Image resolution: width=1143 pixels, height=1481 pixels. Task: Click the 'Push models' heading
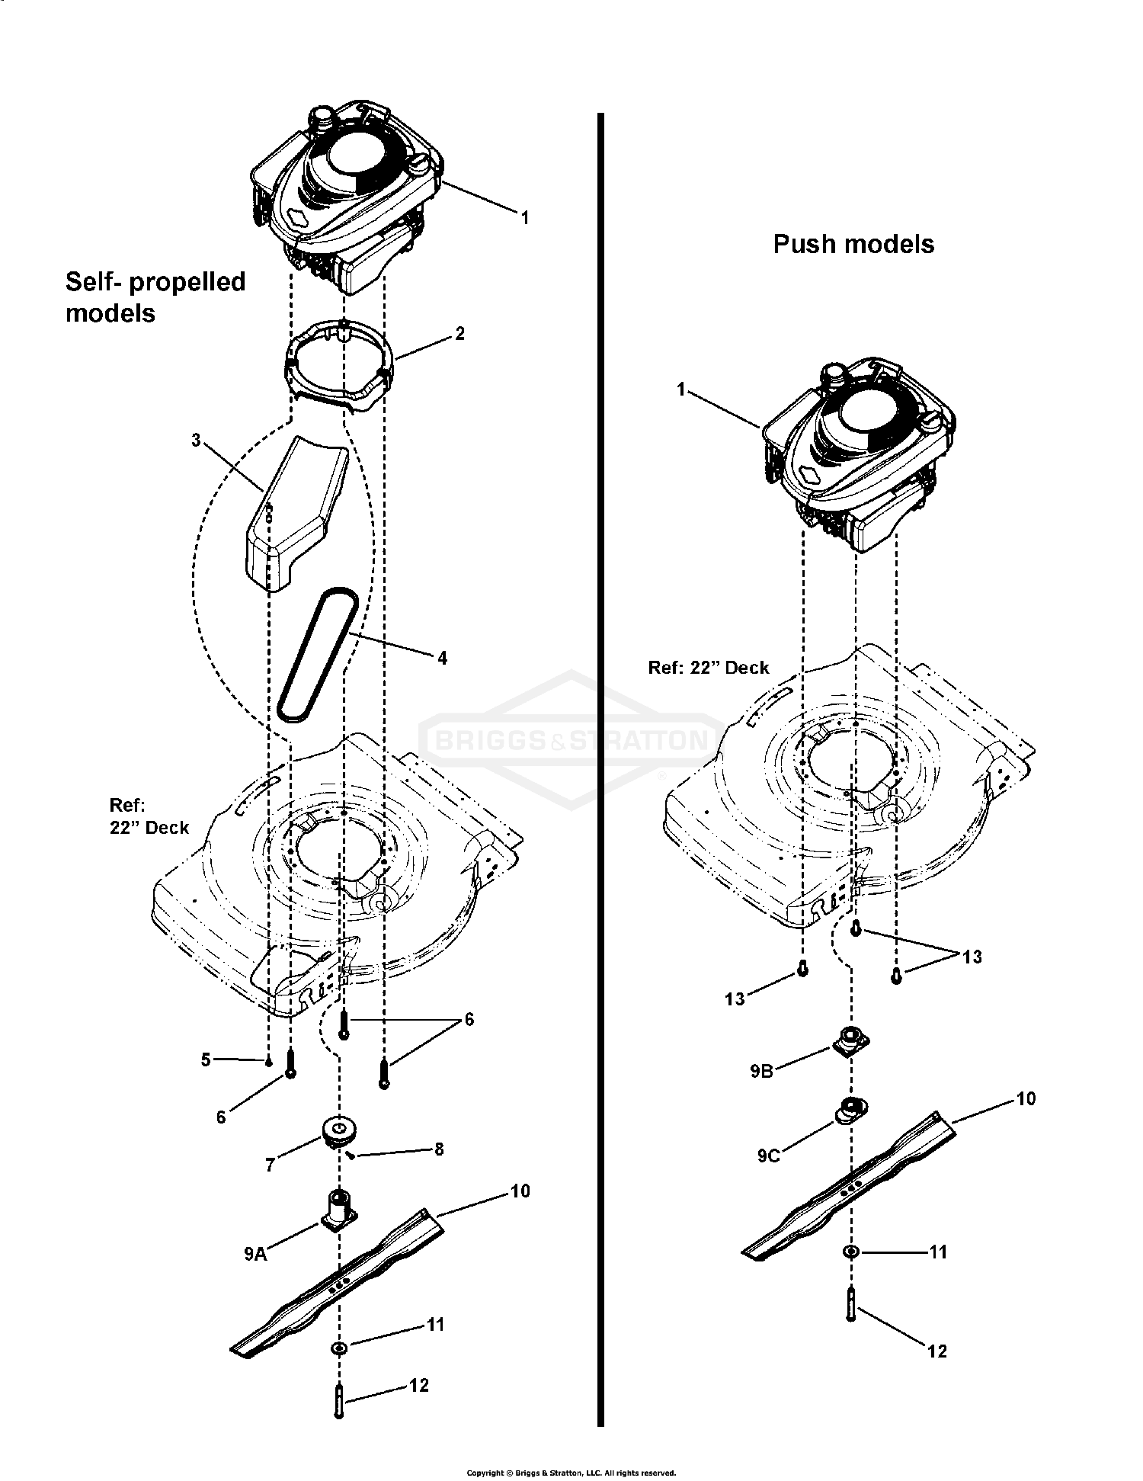[853, 244]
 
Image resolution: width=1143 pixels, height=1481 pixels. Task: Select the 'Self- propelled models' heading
[155, 297]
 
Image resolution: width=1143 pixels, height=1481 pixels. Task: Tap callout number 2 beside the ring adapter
[459, 333]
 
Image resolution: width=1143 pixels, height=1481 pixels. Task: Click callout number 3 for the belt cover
[196, 441]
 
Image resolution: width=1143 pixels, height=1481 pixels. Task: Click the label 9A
[255, 1253]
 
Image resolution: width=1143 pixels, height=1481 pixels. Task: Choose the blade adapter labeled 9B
[850, 1040]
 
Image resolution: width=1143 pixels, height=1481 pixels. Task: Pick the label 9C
[768, 1156]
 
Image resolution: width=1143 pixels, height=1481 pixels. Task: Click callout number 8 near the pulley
[439, 1149]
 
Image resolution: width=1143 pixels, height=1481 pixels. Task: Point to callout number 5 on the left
[205, 1059]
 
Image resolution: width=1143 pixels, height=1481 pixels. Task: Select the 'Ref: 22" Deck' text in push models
[708, 668]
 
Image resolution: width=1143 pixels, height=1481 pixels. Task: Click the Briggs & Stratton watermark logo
[571, 739]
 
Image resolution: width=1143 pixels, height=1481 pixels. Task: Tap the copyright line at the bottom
[571, 1473]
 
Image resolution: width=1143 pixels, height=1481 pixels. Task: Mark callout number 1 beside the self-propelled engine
[524, 217]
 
